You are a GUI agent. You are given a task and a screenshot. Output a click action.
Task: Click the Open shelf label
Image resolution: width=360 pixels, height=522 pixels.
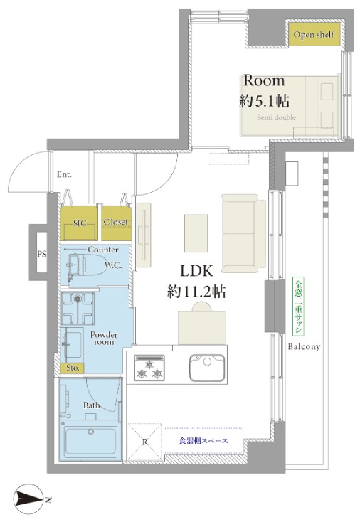[x=314, y=35]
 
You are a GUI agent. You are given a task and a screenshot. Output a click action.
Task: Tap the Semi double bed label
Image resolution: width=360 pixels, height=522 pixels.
[x=276, y=117]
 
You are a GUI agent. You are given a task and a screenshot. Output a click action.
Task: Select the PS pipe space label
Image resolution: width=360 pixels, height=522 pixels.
[x=41, y=255]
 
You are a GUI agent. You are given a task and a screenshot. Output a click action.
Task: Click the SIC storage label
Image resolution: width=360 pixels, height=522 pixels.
[x=80, y=223]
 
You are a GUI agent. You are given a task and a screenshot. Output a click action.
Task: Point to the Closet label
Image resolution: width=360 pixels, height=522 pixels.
[x=115, y=222]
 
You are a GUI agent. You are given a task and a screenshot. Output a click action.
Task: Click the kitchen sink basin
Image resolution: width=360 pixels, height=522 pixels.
[x=207, y=368]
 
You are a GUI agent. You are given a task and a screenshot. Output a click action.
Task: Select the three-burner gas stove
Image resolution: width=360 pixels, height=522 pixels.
[x=149, y=368]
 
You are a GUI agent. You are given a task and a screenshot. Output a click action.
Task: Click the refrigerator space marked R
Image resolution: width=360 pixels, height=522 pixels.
[x=145, y=442]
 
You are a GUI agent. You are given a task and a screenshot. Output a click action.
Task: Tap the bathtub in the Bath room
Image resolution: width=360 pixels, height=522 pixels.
[x=91, y=441]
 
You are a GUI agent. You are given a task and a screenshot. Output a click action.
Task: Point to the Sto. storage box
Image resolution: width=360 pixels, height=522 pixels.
[x=73, y=368]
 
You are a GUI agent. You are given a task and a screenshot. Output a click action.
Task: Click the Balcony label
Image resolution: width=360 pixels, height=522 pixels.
[x=304, y=346]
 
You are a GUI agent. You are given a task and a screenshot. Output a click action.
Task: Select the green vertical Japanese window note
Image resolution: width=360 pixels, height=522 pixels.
[x=298, y=307]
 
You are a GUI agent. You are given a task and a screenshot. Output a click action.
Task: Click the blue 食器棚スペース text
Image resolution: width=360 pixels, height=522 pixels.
[x=203, y=440]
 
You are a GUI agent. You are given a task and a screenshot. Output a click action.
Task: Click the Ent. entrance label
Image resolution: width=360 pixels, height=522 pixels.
[x=64, y=174]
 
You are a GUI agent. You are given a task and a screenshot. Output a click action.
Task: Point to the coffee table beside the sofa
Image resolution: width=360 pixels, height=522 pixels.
[x=196, y=233]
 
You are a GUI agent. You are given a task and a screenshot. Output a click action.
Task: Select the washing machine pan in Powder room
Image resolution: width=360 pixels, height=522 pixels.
[x=78, y=309]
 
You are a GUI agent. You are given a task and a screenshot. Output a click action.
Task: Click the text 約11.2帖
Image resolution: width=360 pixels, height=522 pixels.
[x=196, y=292]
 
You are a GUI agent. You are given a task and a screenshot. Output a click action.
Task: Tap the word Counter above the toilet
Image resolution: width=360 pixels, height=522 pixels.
[x=103, y=250]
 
